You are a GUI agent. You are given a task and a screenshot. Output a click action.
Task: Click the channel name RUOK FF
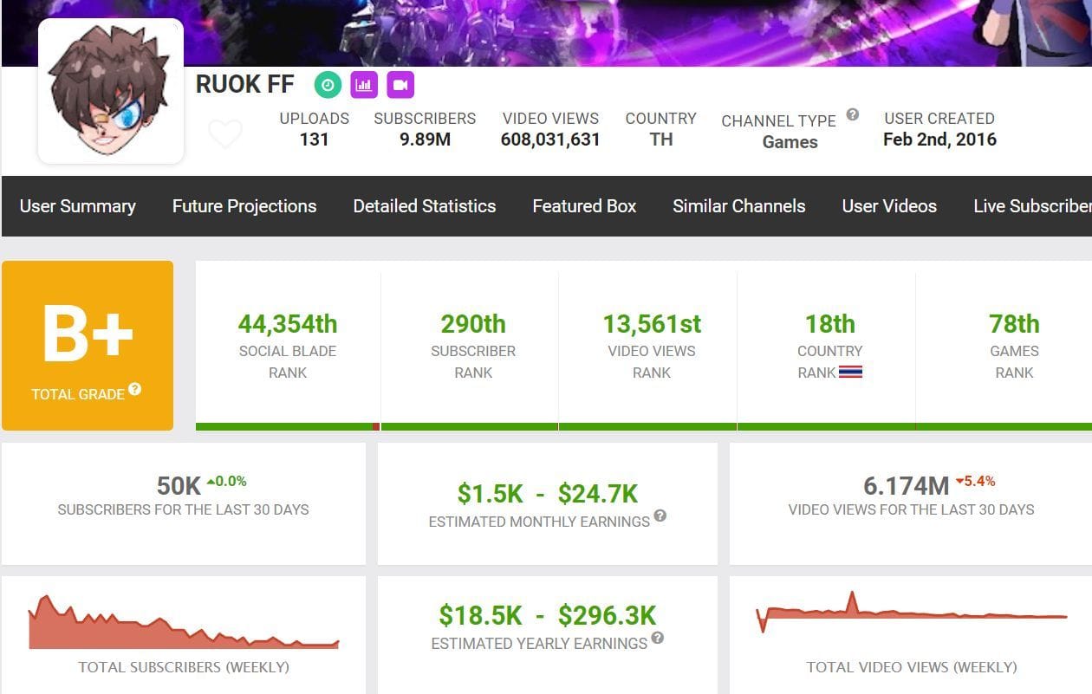pyautogui.click(x=244, y=84)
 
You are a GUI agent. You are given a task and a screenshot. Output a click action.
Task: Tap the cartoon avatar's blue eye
pyautogui.click(x=130, y=114)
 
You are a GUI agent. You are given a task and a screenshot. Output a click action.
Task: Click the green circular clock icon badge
pyautogui.click(x=328, y=85)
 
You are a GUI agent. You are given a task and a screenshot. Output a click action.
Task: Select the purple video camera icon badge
pyautogui.click(x=400, y=85)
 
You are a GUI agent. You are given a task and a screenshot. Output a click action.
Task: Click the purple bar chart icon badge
pyautogui.click(x=364, y=85)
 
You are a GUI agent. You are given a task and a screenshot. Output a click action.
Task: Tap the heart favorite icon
pyautogui.click(x=225, y=134)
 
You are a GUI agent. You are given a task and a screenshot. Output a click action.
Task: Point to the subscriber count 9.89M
pyautogui.click(x=425, y=139)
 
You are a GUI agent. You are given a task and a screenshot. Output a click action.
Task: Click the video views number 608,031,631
pyautogui.click(x=550, y=139)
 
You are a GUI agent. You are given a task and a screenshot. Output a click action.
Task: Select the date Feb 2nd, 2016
pyautogui.click(x=939, y=139)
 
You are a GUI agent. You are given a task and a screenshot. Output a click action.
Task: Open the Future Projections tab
pyautogui.click(x=244, y=206)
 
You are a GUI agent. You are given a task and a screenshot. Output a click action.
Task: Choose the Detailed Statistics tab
pyautogui.click(x=425, y=206)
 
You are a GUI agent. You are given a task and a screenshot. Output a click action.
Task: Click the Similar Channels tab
pyautogui.click(x=739, y=206)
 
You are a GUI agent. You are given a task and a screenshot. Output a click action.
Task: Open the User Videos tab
pyautogui.click(x=889, y=206)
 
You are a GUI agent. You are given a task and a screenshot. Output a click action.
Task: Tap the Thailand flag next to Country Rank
pyautogui.click(x=850, y=373)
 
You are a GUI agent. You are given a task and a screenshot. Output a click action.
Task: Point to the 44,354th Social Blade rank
pyautogui.click(x=288, y=324)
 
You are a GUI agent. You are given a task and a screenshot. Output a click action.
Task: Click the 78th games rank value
pyautogui.click(x=1014, y=324)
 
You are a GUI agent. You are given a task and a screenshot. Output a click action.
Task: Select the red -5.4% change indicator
pyautogui.click(x=975, y=481)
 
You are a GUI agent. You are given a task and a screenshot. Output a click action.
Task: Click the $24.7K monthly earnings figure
pyautogui.click(x=598, y=494)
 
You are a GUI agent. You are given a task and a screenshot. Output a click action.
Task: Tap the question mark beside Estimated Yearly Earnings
pyautogui.click(x=658, y=639)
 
